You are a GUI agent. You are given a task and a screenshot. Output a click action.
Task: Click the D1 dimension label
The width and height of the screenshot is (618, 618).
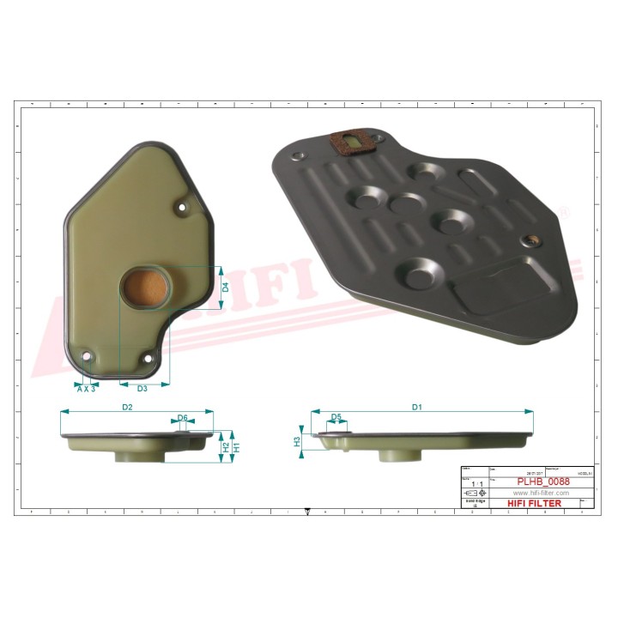(x=417, y=407)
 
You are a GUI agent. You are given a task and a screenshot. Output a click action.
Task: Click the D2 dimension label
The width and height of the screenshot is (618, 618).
(x=126, y=407)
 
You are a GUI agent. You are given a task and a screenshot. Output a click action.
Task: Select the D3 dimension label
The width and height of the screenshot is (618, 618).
(x=142, y=389)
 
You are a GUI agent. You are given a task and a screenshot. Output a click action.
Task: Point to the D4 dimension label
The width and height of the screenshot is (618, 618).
(x=225, y=287)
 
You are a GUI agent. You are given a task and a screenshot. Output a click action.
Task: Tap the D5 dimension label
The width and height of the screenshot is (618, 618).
(x=336, y=418)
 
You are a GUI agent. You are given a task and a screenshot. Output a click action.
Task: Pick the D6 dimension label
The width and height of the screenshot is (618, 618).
(x=182, y=418)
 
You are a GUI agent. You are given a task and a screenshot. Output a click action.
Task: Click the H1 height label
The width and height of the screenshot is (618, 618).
(x=236, y=447)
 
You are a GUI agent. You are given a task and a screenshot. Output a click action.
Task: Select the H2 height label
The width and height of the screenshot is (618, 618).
(x=225, y=447)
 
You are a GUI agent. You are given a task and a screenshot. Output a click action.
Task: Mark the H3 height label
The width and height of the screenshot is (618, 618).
(x=297, y=442)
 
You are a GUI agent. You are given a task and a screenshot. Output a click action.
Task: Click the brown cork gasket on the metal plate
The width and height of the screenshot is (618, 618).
(x=349, y=142)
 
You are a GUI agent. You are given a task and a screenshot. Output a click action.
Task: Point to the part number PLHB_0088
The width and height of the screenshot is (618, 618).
(x=543, y=482)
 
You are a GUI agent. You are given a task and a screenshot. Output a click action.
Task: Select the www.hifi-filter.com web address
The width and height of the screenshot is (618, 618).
(x=542, y=493)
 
